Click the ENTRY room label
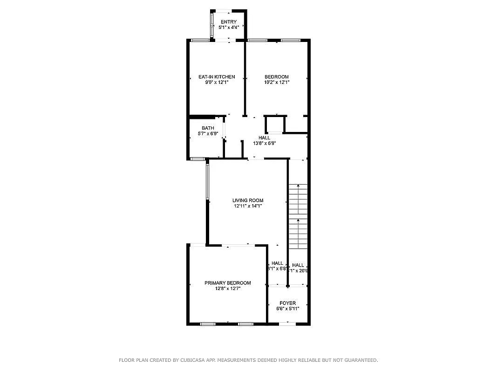coord(228,22)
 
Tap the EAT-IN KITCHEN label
coord(217,77)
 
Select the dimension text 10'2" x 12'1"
coord(277,83)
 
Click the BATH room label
coord(208,128)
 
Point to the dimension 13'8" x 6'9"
coord(264,144)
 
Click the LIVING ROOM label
coord(248,200)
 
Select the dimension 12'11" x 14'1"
coord(248,206)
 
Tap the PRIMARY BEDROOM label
coord(228,283)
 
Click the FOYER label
coord(287,303)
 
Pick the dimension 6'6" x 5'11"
coord(287,309)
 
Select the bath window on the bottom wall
coord(197,159)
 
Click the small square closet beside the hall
coord(274,125)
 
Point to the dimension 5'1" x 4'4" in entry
coord(228,28)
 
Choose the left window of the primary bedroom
coord(207,324)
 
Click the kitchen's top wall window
coord(199,41)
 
